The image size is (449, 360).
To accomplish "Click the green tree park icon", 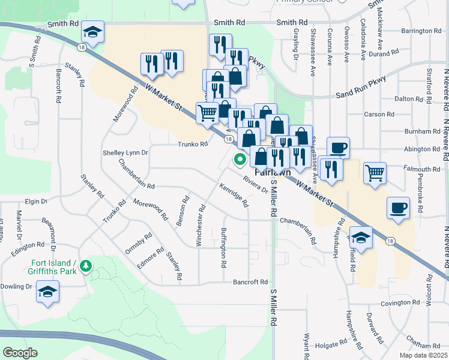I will pyautogui.click(x=87, y=265).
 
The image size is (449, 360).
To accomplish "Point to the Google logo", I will pyautogui.click(x=20, y=353).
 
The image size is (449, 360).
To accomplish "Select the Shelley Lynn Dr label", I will pyautogui.click(x=125, y=153).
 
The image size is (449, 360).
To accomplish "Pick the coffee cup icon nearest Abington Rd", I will pyautogui.click(x=338, y=147).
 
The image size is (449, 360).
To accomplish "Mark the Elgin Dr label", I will pyautogui.click(x=36, y=202).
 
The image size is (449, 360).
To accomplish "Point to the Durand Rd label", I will pyautogui.click(x=414, y=53).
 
